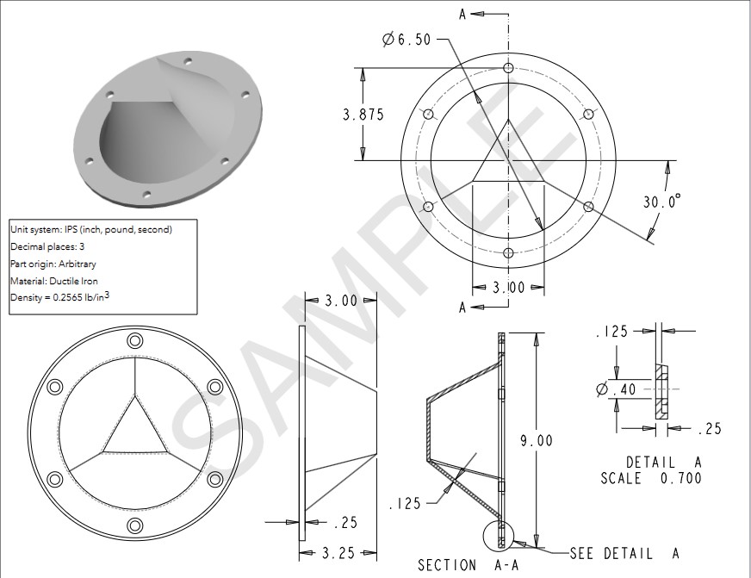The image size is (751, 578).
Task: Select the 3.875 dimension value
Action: (363, 115)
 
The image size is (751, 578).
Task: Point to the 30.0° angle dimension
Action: (661, 201)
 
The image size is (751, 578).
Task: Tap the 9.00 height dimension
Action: (536, 440)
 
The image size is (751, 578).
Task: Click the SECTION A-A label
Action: (458, 565)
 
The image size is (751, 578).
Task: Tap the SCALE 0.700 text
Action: (651, 478)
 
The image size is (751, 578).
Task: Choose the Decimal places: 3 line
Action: (47, 247)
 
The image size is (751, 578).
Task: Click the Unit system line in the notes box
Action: (91, 230)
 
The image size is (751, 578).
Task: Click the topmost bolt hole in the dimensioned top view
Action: (508, 68)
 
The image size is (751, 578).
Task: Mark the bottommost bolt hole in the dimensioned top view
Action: (508, 252)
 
